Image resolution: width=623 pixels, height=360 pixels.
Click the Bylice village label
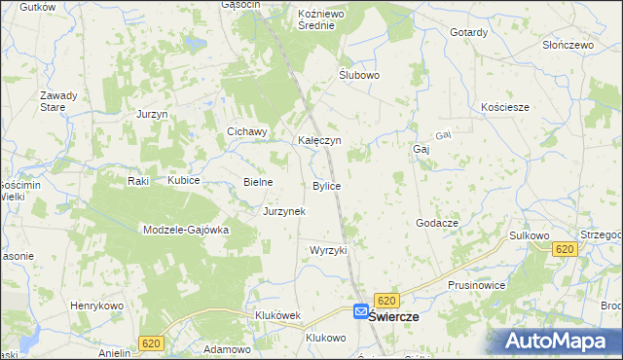coord(326,186)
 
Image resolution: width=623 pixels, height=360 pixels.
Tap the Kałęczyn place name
coord(318,140)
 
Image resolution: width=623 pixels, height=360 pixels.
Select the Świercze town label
coord(393,317)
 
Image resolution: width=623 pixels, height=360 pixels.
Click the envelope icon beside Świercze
coord(361,312)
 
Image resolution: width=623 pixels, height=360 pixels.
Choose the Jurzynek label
coord(284,211)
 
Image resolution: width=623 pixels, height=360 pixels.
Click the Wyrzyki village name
coord(328,250)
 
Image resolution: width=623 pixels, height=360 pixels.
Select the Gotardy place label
coord(468,32)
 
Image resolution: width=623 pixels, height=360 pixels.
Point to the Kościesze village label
coord(505,107)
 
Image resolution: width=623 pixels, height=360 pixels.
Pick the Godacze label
coord(437,223)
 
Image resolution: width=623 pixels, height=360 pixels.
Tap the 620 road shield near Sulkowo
coord(565,250)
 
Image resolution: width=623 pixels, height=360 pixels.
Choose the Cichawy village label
coord(246,132)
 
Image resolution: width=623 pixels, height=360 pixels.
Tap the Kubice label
coord(183,181)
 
